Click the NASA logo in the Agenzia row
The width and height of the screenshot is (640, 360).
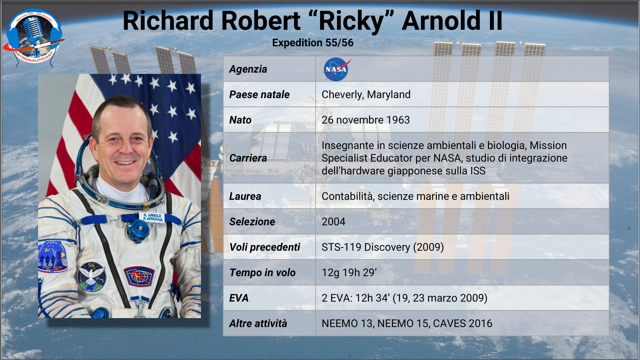(x=336, y=69)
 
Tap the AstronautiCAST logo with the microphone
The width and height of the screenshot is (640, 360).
(x=34, y=38)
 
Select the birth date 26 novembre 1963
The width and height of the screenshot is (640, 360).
(x=365, y=120)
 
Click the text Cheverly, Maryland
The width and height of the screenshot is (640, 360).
(x=366, y=94)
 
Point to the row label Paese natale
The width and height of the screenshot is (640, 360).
(x=259, y=94)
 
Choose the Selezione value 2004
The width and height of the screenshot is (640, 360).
(x=333, y=221)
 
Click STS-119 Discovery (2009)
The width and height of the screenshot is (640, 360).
(x=383, y=247)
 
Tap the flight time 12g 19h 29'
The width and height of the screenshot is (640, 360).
(x=349, y=272)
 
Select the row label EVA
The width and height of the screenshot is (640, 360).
(x=239, y=298)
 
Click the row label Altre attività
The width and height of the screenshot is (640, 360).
(x=258, y=323)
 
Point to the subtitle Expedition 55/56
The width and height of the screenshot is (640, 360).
(x=313, y=43)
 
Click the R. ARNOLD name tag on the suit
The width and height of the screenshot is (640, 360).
(x=153, y=217)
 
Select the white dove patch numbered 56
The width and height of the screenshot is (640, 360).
(x=91, y=276)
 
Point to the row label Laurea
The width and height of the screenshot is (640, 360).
(x=245, y=196)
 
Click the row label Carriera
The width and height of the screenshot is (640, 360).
(x=248, y=158)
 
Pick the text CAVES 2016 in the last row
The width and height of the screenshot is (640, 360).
(x=462, y=323)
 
